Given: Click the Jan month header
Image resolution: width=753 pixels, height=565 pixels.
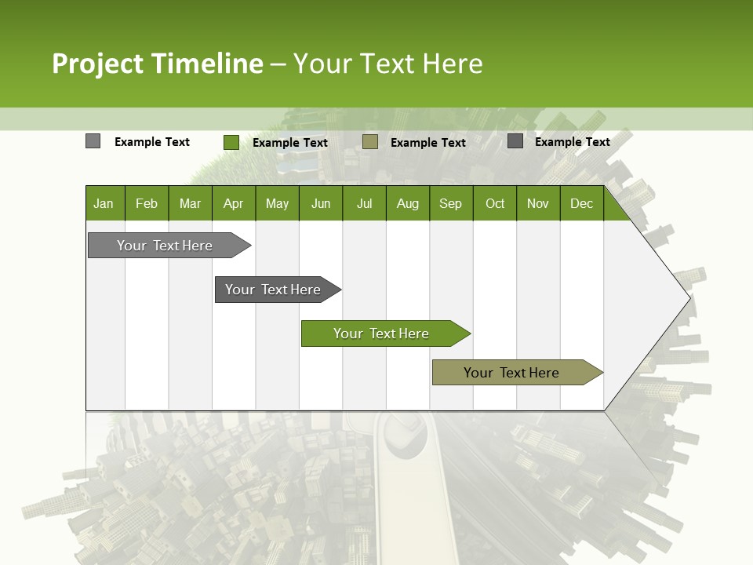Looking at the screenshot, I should tap(104, 204).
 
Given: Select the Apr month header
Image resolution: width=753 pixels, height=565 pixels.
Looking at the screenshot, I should tap(233, 204).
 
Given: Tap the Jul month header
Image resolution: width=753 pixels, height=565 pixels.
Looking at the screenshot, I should tap(364, 204).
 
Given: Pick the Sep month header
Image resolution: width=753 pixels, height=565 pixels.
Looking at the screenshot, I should tap(450, 204).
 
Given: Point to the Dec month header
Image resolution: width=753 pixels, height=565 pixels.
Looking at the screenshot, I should tap(581, 204).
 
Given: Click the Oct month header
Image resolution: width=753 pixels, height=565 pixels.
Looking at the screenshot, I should tap(495, 204).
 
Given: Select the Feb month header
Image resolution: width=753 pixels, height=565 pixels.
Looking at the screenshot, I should tap(147, 204).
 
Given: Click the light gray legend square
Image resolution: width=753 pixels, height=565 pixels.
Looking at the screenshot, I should tap(93, 141).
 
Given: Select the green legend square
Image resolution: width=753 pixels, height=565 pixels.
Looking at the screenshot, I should tap(231, 142).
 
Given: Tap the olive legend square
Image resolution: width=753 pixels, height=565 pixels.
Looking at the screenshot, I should tap(370, 142).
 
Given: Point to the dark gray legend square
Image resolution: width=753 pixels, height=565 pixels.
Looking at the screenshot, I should tap(515, 141).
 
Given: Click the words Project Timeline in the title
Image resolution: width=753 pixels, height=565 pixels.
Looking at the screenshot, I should tap(157, 64).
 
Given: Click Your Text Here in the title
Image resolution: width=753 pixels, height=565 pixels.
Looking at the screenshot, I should tap(388, 64).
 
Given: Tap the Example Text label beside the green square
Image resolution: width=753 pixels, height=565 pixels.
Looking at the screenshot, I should tap(290, 143).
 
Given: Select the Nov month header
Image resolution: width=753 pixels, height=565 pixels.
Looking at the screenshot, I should tap(538, 204).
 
